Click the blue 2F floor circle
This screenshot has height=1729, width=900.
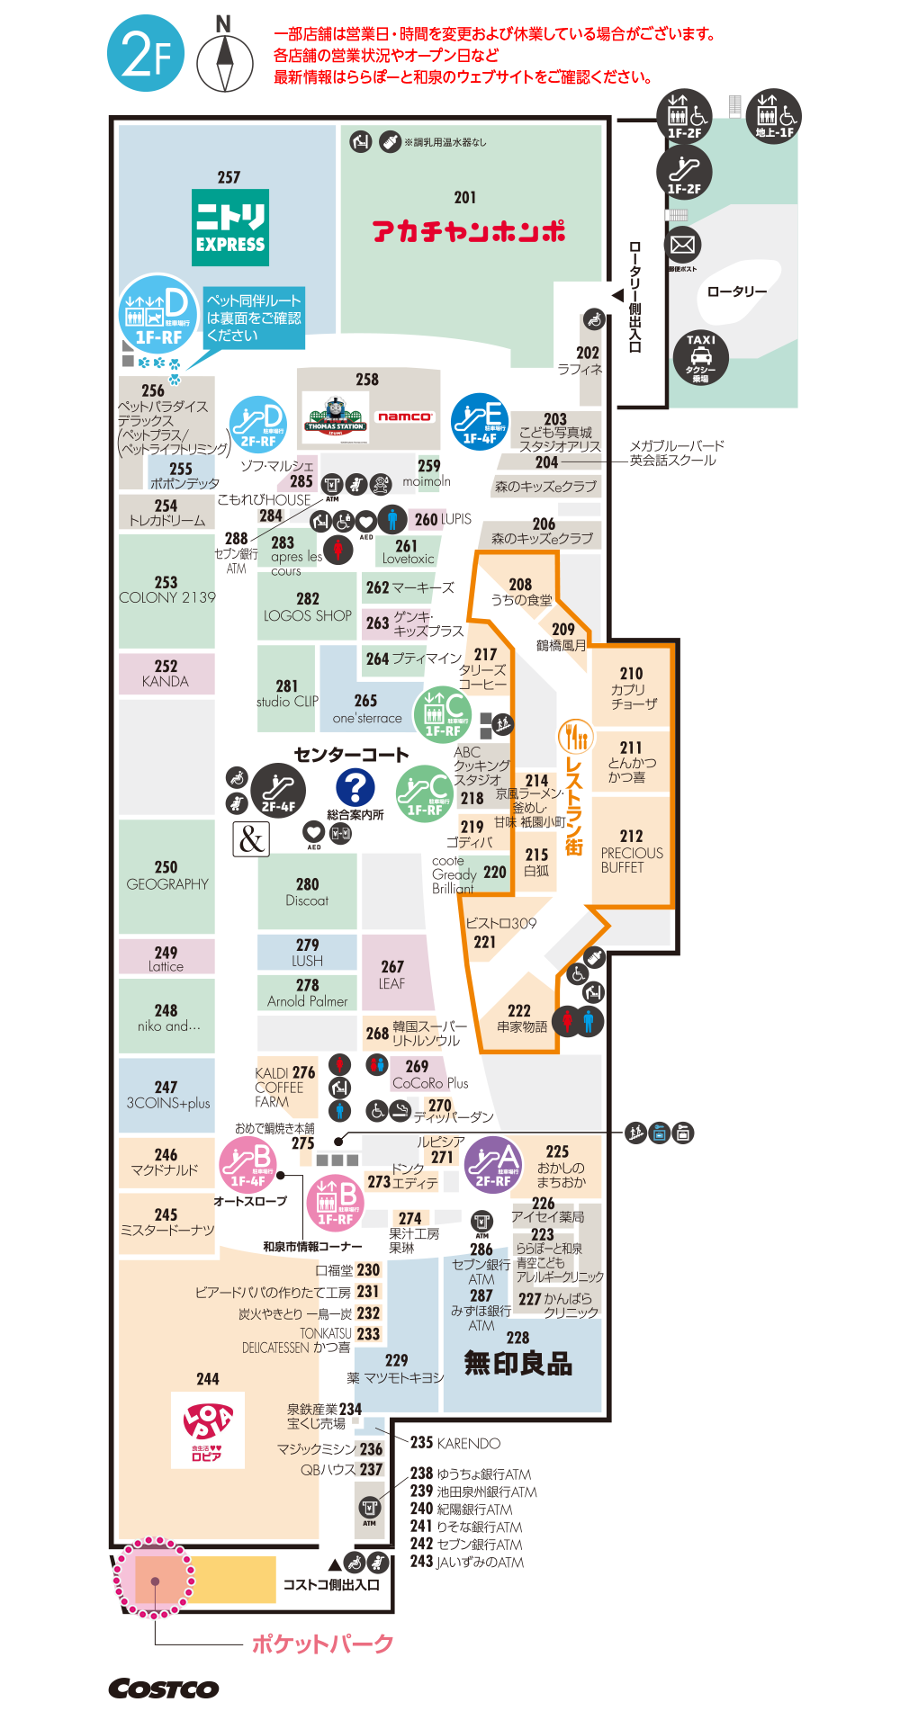click(146, 54)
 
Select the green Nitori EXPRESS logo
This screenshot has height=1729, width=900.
click(230, 227)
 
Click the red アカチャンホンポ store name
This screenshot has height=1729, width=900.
click(469, 231)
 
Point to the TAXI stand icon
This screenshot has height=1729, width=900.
click(700, 357)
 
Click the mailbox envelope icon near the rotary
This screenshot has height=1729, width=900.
click(683, 245)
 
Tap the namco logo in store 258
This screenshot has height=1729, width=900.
click(405, 417)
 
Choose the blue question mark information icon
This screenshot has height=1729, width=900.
click(355, 787)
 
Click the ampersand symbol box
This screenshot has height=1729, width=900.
click(251, 838)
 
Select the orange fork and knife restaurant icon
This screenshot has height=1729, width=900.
click(574, 736)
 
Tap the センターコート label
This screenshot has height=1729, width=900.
click(351, 755)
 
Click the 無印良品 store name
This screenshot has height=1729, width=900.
click(518, 1364)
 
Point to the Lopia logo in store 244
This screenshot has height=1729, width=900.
click(208, 1429)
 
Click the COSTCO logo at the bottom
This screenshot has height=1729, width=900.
click(164, 1689)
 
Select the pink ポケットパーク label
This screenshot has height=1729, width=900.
click(322, 1644)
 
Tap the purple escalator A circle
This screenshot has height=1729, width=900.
click(493, 1164)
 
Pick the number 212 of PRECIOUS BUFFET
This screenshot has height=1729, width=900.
click(631, 836)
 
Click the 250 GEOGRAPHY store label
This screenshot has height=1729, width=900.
click(166, 875)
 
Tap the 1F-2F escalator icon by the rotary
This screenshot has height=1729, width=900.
click(684, 171)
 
